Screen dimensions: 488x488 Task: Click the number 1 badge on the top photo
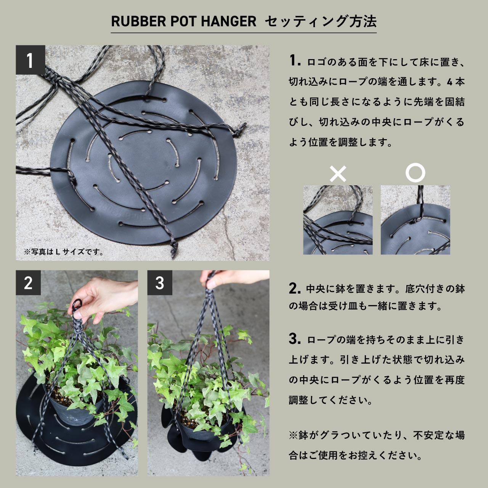(30, 60)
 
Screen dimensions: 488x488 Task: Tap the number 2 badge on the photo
(28, 283)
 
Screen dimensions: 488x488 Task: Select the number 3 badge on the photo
(160, 283)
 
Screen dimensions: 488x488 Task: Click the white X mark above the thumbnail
(338, 174)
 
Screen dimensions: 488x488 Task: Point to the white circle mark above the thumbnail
(415, 173)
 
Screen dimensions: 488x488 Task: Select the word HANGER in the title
(228, 22)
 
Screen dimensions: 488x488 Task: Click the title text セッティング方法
(320, 22)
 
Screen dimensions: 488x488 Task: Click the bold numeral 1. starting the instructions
(295, 61)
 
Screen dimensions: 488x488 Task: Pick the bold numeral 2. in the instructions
(295, 288)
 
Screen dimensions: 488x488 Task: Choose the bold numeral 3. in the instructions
(295, 339)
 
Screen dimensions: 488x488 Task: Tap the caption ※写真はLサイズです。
(64, 252)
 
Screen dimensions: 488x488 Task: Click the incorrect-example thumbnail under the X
(338, 220)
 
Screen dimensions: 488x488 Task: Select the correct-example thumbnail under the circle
(415, 220)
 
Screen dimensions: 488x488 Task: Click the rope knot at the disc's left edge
(71, 176)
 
